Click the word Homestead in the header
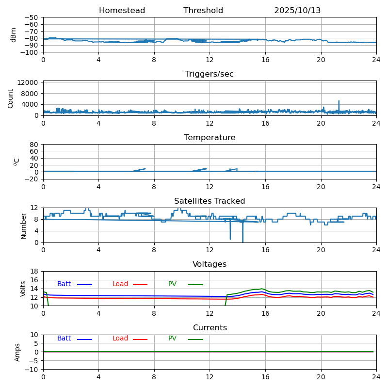click(122, 11)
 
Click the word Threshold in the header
click(203, 11)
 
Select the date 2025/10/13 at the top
click(297, 11)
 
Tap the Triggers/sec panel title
click(210, 74)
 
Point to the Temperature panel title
click(210, 138)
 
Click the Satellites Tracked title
click(210, 201)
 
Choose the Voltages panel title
click(210, 264)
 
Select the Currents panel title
click(210, 328)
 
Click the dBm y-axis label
click(14, 35)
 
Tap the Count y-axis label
click(11, 98)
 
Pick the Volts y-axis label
click(23, 289)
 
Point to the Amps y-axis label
click(17, 352)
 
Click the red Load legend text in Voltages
click(120, 284)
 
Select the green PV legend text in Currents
click(172, 339)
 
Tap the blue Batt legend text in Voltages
click(64, 284)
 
